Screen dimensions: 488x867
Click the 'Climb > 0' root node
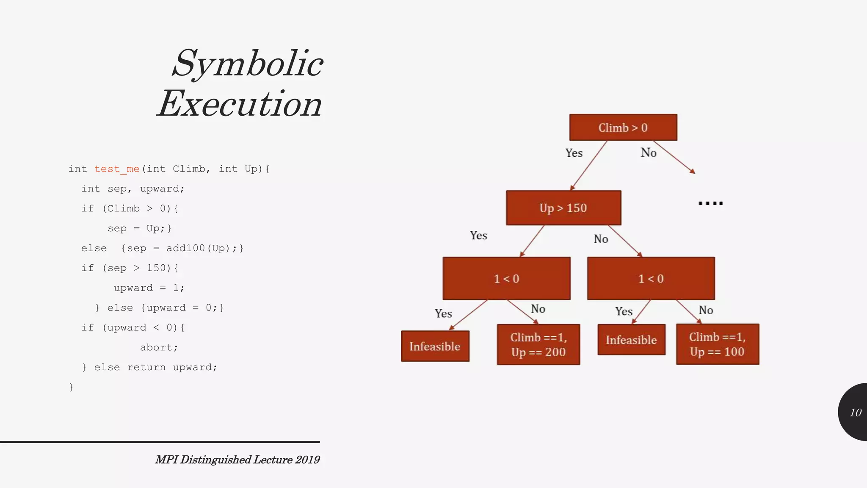623,128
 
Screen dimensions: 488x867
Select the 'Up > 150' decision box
563,208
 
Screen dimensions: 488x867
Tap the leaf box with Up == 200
538,344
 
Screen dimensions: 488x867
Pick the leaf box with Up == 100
717,344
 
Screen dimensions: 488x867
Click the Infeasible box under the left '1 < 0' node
435,347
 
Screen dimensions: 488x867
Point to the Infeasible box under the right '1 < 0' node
631,340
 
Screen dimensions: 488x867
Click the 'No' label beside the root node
648,152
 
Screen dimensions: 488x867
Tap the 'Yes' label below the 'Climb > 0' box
574,153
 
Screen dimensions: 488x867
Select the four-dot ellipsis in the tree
710,203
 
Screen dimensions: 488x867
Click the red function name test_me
117,169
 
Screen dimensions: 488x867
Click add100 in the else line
185,248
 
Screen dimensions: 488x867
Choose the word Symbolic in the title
248,64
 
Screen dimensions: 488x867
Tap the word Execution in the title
240,104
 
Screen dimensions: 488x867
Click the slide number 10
855,413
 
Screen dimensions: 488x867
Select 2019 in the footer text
307,460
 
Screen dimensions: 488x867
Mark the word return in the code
146,367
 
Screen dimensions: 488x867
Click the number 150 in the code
156,268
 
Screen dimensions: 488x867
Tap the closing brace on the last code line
71,387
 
